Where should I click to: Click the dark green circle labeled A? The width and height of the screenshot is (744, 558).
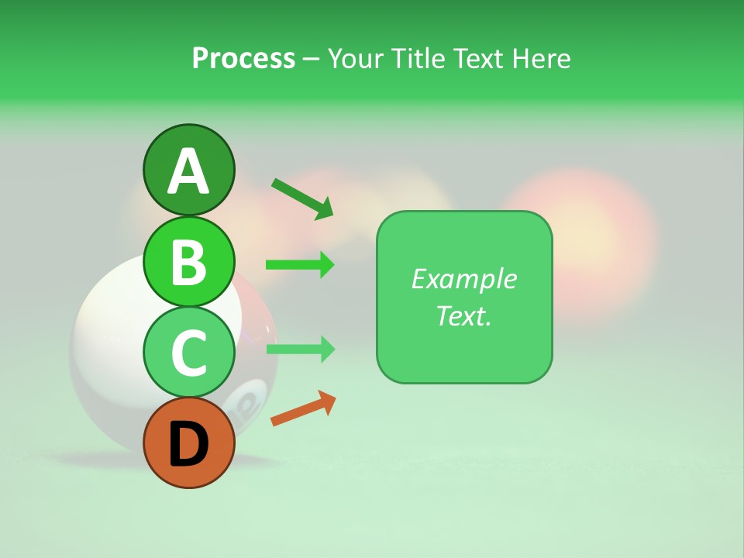point(188,170)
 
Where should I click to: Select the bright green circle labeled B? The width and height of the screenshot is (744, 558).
point(188,261)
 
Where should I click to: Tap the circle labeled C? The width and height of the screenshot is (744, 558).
point(188,352)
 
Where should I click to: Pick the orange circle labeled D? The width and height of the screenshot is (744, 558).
point(188,443)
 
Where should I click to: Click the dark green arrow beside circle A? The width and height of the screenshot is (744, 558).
point(302,198)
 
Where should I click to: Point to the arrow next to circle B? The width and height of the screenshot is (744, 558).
point(300,265)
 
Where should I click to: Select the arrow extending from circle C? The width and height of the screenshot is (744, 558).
point(300,350)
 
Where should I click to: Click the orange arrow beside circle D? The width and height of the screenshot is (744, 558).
point(303,408)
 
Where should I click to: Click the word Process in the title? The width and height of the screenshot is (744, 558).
point(243,59)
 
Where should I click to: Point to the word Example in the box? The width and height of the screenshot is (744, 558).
point(463,279)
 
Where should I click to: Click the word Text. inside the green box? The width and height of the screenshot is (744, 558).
point(463,315)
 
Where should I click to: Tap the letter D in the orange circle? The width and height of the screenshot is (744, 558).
point(188,444)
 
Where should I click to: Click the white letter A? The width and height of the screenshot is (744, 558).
point(188,171)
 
